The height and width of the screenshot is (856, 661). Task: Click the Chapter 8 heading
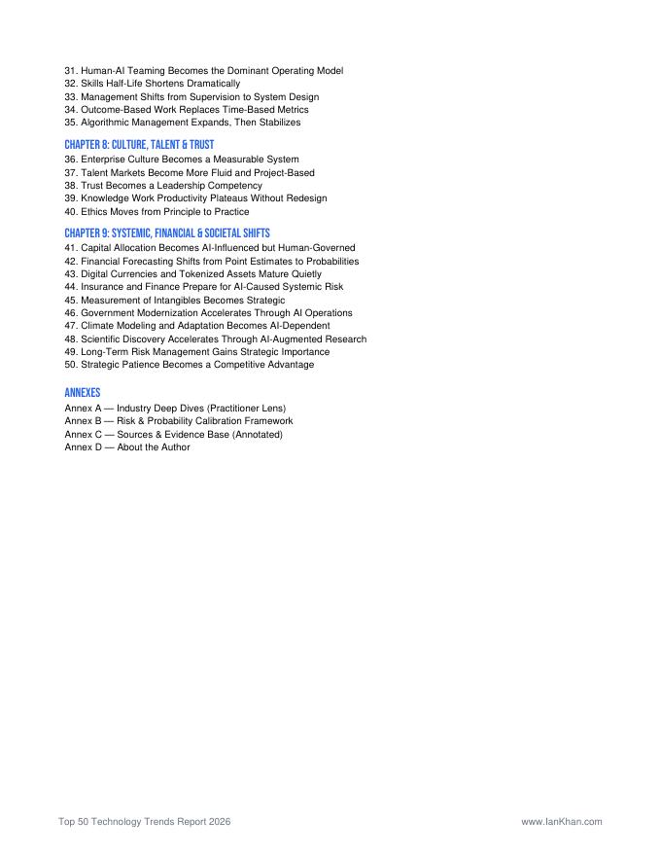139,145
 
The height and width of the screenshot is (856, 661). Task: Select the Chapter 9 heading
167,233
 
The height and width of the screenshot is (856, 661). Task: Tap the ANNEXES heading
83,393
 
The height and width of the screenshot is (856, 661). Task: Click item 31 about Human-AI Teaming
203,71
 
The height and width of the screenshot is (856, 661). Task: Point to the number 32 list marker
70,84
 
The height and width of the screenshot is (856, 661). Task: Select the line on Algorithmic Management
182,124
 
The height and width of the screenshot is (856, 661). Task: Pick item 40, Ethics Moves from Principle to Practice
157,212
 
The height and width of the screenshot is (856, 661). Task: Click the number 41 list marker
70,248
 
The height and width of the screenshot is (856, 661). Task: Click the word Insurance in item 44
102,287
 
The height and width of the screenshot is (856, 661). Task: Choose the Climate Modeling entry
196,326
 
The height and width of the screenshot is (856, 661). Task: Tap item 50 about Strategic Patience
189,365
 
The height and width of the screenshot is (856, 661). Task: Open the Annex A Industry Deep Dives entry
175,408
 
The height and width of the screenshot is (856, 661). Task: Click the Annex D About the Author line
127,447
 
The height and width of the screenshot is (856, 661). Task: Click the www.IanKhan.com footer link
562,822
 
